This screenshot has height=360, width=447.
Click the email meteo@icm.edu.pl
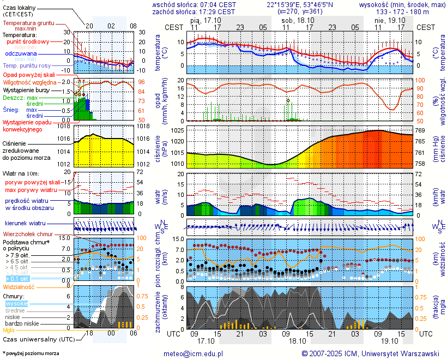point(194,353)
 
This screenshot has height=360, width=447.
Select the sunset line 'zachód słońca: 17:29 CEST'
point(194,11)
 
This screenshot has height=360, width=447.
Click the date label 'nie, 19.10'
point(387,20)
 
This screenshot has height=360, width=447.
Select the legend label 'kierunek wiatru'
point(25,224)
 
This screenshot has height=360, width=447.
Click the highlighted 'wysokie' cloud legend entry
point(16,303)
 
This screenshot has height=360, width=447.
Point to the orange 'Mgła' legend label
point(9,330)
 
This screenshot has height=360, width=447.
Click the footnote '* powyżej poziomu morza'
point(31,353)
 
